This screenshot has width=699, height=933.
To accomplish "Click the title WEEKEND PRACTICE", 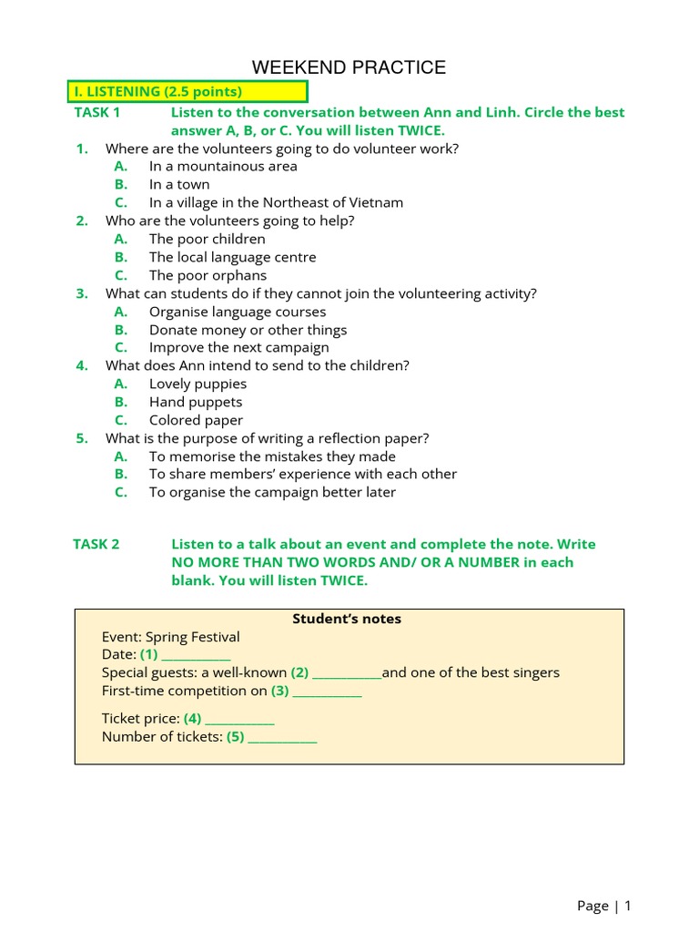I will coord(349,67).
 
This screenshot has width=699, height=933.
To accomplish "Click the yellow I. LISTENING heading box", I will coord(187,91).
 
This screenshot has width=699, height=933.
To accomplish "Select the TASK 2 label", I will coord(96,544).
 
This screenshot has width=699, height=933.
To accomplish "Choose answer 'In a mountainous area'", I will coord(223,167).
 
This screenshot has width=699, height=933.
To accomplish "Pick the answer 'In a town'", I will coord(179,185).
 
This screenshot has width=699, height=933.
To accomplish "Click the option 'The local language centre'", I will coord(232,257).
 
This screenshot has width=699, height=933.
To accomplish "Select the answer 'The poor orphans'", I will coord(208,275).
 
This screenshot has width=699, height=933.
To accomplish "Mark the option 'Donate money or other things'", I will coord(248,330).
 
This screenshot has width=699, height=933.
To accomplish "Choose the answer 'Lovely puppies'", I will coord(198,384).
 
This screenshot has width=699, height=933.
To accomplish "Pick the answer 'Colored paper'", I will coord(196,420).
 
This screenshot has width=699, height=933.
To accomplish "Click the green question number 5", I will coord(82,438).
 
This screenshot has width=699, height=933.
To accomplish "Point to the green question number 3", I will coord(82,293).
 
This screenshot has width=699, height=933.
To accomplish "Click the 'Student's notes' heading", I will coord(347,619).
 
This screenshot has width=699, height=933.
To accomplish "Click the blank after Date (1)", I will coord(197,656).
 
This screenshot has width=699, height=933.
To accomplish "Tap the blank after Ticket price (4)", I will coord(240,720).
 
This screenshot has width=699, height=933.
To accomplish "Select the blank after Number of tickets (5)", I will coord(283,738).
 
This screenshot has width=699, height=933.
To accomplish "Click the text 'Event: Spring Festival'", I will coord(171,637).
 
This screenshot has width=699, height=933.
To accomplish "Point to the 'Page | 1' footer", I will coord(603,905).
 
